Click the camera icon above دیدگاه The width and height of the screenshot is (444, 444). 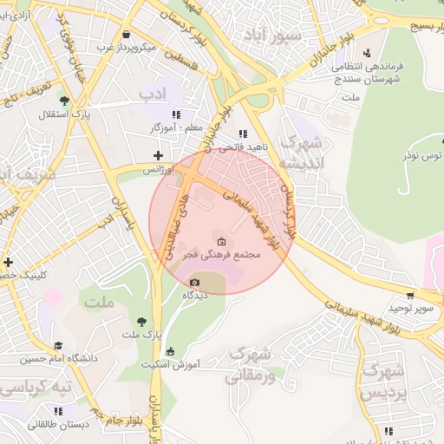click(x=194, y=283)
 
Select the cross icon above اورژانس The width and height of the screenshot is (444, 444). click(x=157, y=156)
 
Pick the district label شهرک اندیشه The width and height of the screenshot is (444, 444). click(x=304, y=152)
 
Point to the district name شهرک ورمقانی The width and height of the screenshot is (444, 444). click(x=251, y=365)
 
